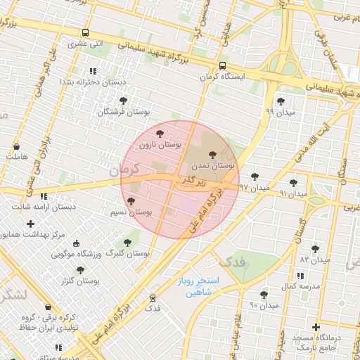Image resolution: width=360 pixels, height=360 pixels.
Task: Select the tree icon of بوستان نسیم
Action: [x=131, y=201]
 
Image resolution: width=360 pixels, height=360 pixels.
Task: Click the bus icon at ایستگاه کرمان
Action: [x=223, y=65]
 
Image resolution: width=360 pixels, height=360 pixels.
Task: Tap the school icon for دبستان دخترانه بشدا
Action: [x=93, y=71]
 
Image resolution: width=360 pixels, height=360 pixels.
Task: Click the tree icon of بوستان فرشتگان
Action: [x=124, y=100]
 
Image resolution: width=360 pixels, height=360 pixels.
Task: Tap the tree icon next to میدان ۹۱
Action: [x=293, y=183]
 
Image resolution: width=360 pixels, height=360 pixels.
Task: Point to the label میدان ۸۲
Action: [x=314, y=259]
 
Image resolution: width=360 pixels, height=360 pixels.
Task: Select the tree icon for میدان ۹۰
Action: [x=264, y=295]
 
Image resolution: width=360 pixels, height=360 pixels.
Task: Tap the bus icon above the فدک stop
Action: [x=153, y=298]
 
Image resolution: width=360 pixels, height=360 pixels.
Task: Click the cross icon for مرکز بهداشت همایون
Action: [x=30, y=224]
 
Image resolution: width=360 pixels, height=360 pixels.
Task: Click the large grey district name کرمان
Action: [x=126, y=169]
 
